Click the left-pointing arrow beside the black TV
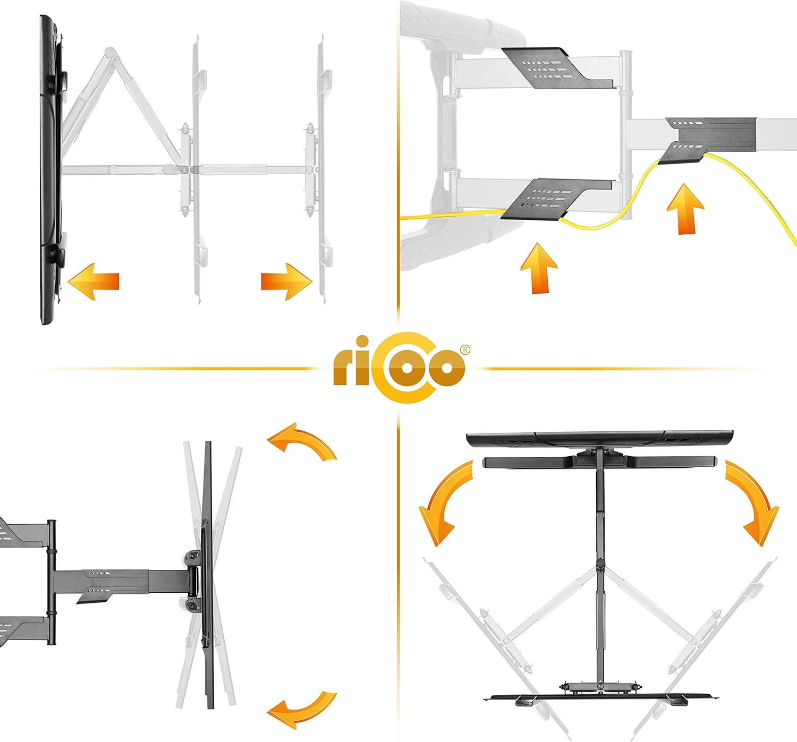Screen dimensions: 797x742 click(94, 281)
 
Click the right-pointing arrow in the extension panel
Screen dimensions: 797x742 click(286, 281)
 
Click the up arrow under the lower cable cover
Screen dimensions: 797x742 click(539, 268)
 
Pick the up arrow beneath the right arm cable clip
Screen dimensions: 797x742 click(685, 209)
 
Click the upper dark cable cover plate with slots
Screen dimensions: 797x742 click(558, 68)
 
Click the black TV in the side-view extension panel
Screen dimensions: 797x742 click(51, 169)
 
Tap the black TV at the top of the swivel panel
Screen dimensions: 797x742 click(600, 438)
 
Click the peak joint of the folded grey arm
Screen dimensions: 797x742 click(109, 52)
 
